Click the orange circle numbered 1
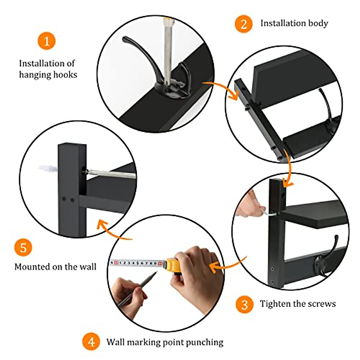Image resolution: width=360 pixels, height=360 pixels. (46, 41)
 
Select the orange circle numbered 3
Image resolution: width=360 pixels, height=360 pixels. (244, 304)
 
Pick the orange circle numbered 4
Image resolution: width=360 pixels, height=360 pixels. (91, 342)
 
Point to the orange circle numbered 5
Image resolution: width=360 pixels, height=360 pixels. (23, 247)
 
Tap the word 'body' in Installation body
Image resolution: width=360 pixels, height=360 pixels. (317, 23)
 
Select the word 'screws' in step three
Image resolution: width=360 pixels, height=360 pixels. (321, 304)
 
